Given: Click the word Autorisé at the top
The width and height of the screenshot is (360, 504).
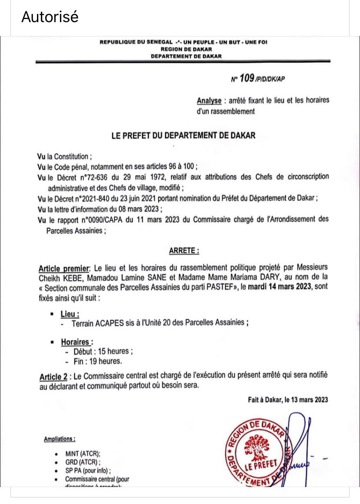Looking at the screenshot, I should (x=50, y=17).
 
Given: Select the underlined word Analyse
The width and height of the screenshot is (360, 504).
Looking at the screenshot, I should (x=209, y=100).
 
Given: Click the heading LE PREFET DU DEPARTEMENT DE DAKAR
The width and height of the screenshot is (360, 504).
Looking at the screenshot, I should (x=183, y=135).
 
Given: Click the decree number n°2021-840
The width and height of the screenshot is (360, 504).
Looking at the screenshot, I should (x=99, y=199).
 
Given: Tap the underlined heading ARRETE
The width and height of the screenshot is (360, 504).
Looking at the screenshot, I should (x=183, y=251).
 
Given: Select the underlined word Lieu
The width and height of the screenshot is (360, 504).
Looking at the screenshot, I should (x=70, y=313).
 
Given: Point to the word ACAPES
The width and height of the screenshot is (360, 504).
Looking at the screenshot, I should (x=109, y=323).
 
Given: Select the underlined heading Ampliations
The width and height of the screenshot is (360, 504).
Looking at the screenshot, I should (x=60, y=439).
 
